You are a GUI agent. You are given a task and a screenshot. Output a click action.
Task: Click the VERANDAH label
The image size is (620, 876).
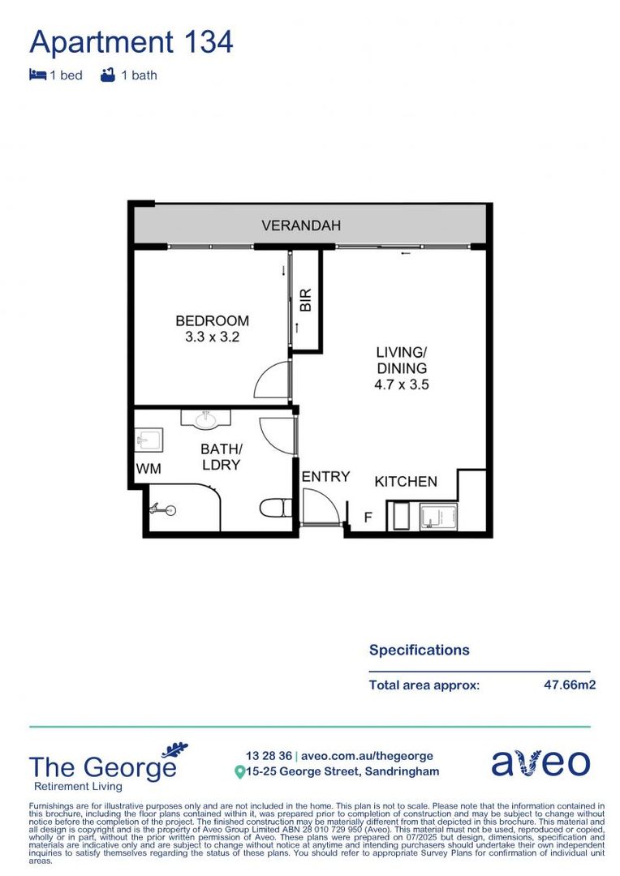tap(301, 225)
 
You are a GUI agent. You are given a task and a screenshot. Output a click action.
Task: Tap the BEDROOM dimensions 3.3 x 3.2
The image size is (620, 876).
tap(212, 337)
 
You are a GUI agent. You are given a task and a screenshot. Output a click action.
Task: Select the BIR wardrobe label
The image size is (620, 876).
tap(306, 302)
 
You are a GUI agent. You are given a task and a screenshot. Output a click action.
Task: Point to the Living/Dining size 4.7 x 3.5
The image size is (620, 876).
tap(401, 384)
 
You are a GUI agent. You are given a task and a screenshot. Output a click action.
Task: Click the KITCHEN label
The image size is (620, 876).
tap(406, 482)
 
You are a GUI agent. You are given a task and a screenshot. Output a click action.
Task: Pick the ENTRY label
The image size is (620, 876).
tap(325, 477)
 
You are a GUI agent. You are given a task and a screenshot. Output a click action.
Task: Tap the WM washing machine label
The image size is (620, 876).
tap(148, 468)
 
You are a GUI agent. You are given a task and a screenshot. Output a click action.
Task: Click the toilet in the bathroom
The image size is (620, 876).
tap(276, 509)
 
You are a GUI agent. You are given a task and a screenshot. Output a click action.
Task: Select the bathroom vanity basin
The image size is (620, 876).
tap(205, 419)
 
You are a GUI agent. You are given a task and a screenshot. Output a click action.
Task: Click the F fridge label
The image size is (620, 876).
tap(368, 516)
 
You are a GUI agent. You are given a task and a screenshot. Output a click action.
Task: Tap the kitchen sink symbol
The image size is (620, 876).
tap(438, 517)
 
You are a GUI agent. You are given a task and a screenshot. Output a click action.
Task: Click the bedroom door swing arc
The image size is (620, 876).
tap(272, 380)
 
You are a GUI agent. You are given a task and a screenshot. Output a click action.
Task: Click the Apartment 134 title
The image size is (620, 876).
tap(131, 41)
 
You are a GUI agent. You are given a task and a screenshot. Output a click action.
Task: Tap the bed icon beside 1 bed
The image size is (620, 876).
tap(37, 75)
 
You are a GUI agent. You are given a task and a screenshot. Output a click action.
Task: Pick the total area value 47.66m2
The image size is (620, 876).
tap(570, 685)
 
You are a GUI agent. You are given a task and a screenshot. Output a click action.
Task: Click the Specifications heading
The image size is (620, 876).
tap(419, 650)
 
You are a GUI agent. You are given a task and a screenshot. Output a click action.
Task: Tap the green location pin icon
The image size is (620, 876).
tap(239, 772)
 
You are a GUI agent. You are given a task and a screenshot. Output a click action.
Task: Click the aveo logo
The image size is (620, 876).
tap(540, 762)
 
